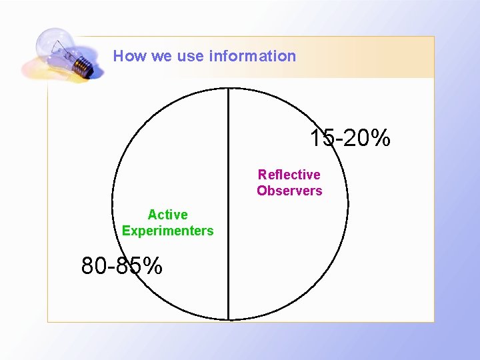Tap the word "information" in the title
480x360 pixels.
(x=253, y=56)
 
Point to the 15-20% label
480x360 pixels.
(x=350, y=139)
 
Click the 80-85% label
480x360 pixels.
(x=122, y=266)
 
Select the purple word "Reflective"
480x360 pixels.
(x=289, y=175)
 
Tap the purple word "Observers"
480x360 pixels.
(x=289, y=191)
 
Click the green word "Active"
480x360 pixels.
(x=167, y=215)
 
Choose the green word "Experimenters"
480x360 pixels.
(x=167, y=231)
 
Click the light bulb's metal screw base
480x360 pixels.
(x=81, y=65)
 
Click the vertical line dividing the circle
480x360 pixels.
(x=229, y=200)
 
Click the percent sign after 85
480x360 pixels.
(x=153, y=266)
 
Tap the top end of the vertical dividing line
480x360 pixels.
(x=229, y=89)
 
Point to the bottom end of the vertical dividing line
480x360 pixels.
(x=229, y=319)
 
